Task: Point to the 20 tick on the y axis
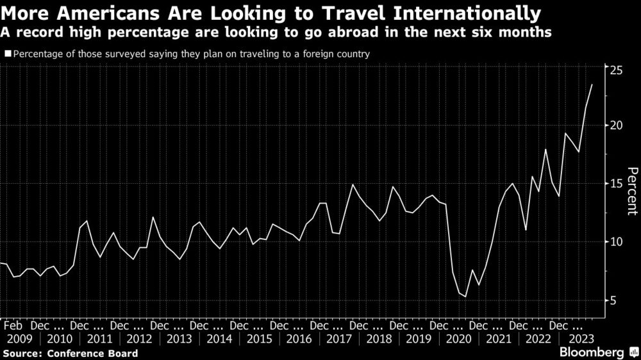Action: pyautogui.click(x=615, y=125)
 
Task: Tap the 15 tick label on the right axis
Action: pyautogui.click(x=615, y=184)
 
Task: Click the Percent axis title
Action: pyautogui.click(x=631, y=190)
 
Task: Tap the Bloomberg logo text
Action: pyautogui.click(x=591, y=352)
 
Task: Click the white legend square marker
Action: pyautogui.click(x=8, y=54)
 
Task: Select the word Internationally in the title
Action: pyautogui.click(x=468, y=13)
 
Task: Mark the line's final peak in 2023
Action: pyautogui.click(x=592, y=85)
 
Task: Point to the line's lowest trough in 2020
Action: pyautogui.click(x=465, y=297)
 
